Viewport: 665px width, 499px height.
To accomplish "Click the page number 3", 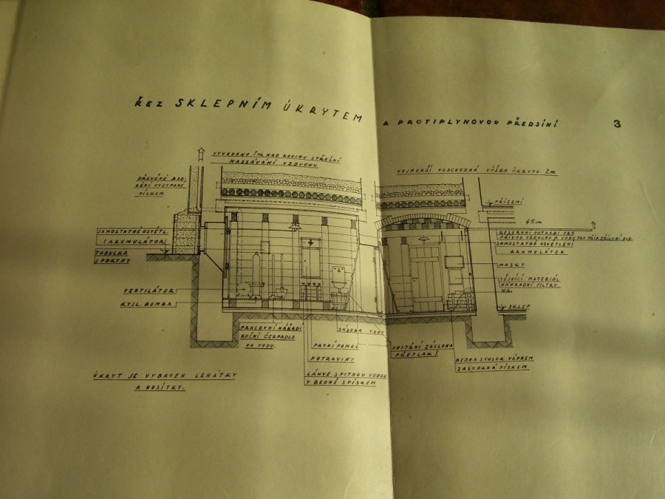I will tap(617, 124).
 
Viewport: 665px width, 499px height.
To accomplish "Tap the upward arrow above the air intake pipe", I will tap(198, 153).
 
